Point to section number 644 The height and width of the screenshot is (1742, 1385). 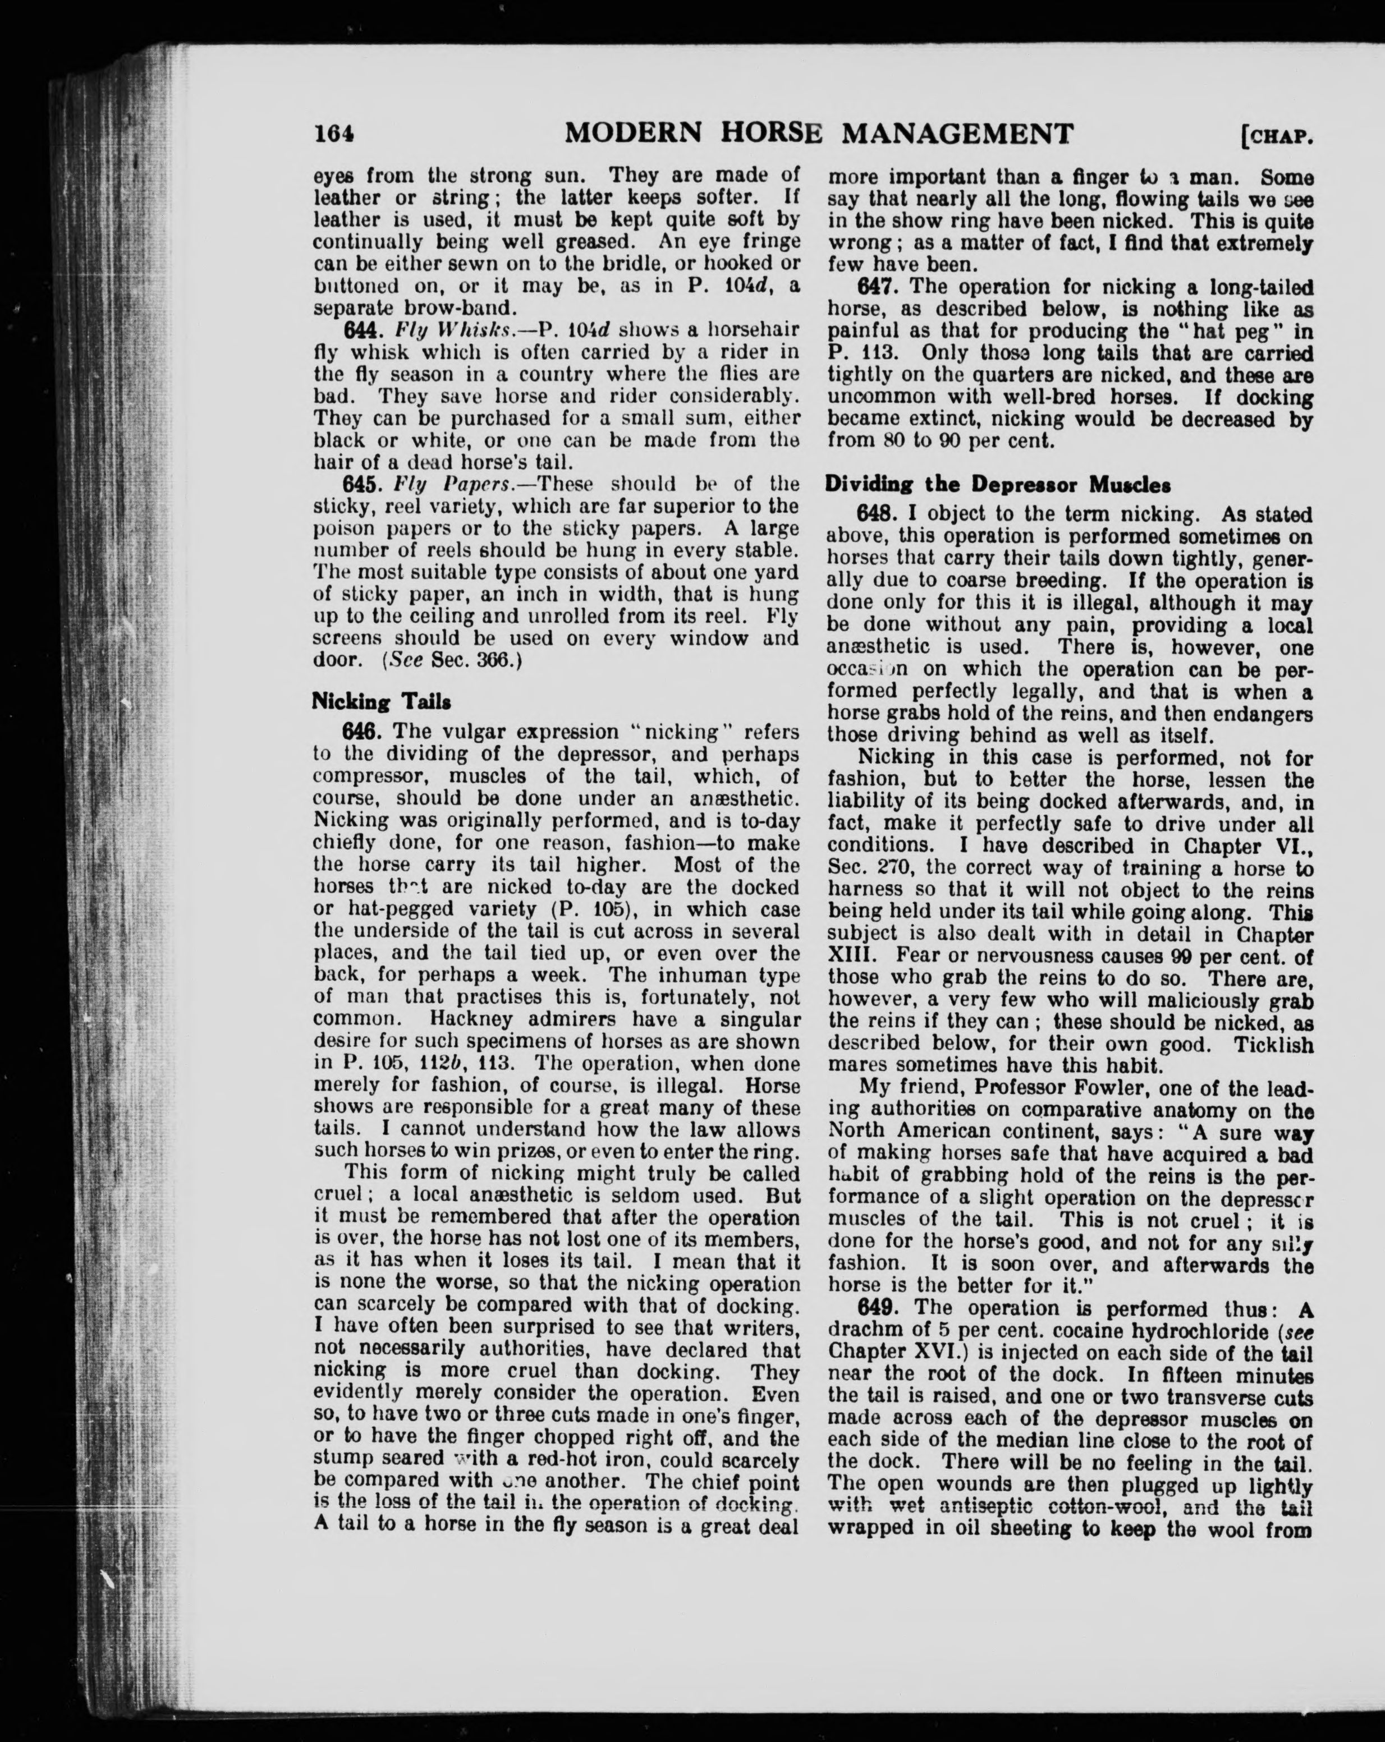pos(362,330)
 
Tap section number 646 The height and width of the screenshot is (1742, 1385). pos(362,732)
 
